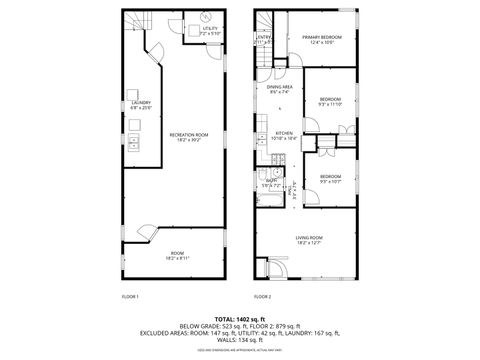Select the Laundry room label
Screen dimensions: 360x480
coord(140,103)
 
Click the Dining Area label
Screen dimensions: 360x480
coord(280,89)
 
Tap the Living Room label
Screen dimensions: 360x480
coord(308,239)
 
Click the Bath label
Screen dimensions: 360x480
coord(271,184)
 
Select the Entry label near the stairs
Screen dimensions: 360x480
coord(264,41)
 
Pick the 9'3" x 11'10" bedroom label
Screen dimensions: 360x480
coord(330,101)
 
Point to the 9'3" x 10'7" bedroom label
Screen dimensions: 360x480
coord(330,179)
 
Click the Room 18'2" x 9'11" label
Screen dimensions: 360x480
coord(177,256)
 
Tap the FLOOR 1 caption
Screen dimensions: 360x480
coord(130,297)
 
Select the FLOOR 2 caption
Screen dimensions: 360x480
coord(262,297)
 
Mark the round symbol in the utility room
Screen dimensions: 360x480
coord(204,17)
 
